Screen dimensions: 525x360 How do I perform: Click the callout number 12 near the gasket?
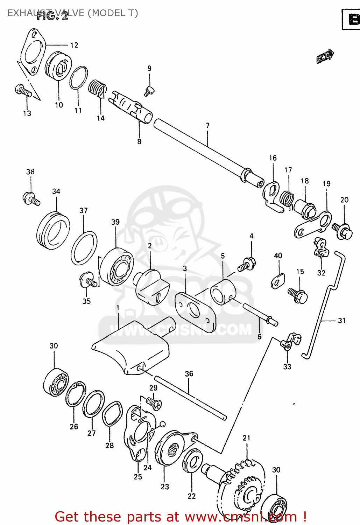coord(74,45)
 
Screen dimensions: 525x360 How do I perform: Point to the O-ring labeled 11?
coord(78,78)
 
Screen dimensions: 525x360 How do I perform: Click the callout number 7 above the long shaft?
coord(207,125)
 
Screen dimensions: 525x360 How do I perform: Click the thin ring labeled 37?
coord(84,248)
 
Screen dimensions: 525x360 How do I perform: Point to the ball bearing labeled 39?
coord(117,266)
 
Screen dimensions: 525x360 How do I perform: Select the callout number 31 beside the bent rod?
coord(341,320)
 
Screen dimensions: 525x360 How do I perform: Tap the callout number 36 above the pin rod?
coord(189,374)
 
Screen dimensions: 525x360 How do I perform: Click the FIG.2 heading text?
coord(52,16)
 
